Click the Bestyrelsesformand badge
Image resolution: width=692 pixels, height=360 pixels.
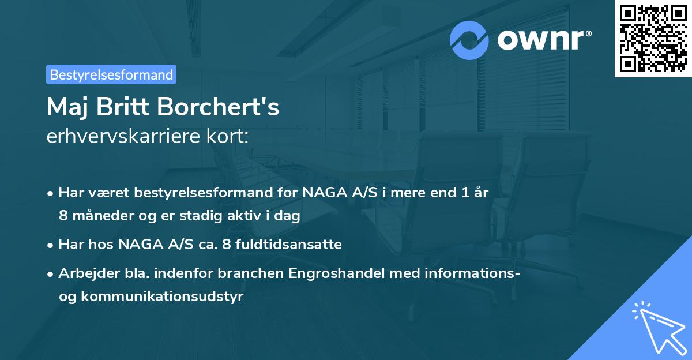pyautogui.click(x=111, y=74)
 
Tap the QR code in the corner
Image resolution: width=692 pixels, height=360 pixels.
pyautogui.click(x=652, y=39)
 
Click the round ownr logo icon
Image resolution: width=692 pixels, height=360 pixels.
pyautogui.click(x=469, y=40)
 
